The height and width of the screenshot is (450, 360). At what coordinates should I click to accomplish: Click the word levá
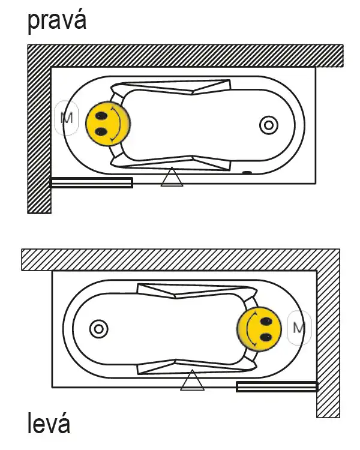click(49, 423)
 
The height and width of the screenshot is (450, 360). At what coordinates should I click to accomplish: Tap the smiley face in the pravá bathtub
click(108, 124)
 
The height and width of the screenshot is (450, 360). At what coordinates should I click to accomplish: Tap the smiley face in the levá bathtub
click(259, 329)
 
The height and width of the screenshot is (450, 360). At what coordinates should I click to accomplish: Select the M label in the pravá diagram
click(67, 118)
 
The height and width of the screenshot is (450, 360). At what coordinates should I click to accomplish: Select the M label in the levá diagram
click(299, 328)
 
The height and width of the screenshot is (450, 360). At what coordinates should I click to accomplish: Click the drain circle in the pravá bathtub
click(269, 125)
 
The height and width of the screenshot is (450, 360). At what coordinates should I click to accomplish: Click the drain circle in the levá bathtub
click(99, 329)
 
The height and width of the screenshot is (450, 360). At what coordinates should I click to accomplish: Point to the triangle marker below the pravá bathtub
click(172, 177)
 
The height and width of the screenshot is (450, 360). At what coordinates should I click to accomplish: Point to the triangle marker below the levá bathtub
click(192, 380)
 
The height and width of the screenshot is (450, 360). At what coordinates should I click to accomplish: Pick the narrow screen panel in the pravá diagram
click(91, 182)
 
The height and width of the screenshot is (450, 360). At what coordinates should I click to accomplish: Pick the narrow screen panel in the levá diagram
click(277, 386)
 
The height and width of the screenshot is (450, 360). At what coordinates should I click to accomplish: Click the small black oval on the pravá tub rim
click(247, 173)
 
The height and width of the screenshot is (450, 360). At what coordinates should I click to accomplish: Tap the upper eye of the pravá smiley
click(101, 116)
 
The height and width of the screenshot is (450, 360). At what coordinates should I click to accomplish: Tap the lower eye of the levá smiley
click(266, 337)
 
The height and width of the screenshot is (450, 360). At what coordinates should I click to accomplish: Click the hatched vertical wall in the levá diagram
click(328, 344)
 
